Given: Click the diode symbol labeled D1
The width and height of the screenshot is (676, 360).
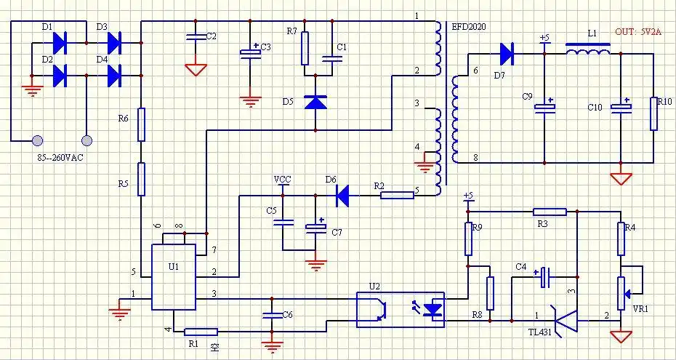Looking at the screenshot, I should pyautogui.click(x=60, y=43).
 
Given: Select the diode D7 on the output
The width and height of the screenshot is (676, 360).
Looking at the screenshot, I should pyautogui.click(x=507, y=52).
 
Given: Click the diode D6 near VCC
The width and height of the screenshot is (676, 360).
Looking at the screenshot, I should pyautogui.click(x=342, y=194).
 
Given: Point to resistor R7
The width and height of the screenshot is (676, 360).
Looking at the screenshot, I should pyautogui.click(x=306, y=48).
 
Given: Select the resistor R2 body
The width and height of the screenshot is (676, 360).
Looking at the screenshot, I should pyautogui.click(x=397, y=195).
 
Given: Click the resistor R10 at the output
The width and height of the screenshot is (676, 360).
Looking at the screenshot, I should pyautogui.click(x=653, y=113).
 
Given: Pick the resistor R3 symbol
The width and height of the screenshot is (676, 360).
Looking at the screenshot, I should pyautogui.click(x=550, y=212).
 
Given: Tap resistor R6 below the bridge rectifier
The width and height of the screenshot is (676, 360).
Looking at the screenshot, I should pyautogui.click(x=141, y=124).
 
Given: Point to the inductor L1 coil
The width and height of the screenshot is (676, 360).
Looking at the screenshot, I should pyautogui.click(x=587, y=50).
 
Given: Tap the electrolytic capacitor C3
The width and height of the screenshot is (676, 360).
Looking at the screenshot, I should pyautogui.click(x=251, y=52).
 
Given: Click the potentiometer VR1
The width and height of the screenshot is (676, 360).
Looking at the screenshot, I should pyautogui.click(x=621, y=292).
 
